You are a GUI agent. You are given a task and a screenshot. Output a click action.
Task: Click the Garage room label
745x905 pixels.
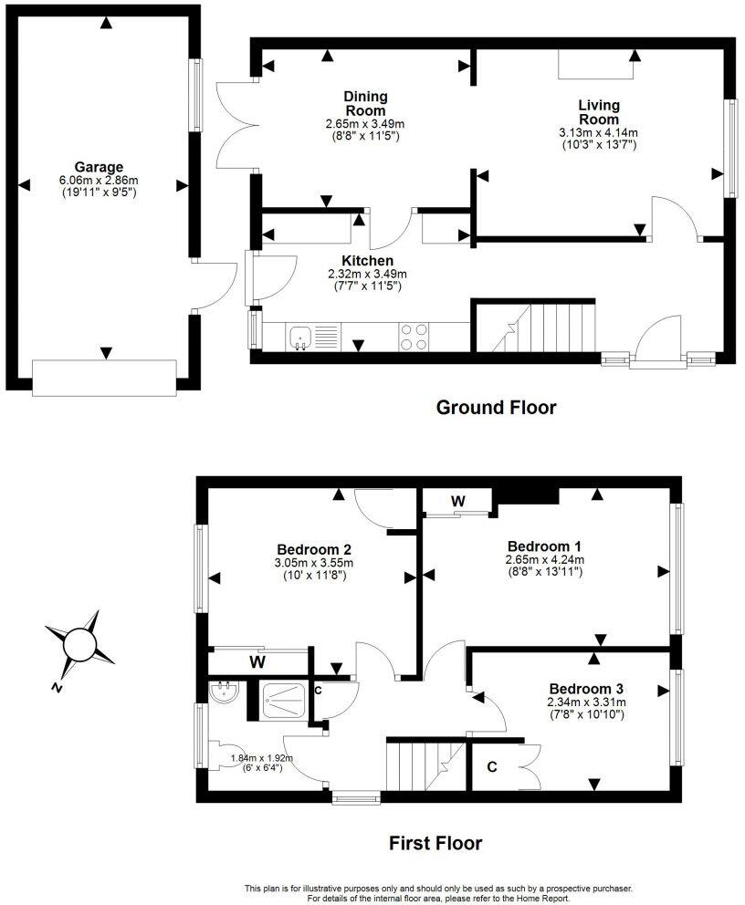[x=99, y=167]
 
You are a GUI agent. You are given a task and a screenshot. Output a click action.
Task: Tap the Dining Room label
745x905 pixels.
[x=365, y=103]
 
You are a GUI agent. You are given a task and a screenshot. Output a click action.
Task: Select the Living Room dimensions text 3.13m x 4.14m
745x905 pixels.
[x=598, y=132]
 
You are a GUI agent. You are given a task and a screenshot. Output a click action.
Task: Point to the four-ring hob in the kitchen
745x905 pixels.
[x=414, y=337]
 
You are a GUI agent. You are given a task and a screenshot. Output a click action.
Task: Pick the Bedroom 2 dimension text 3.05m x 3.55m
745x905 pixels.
[x=315, y=563]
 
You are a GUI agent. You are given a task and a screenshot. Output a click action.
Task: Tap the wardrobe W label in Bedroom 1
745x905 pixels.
[x=457, y=501]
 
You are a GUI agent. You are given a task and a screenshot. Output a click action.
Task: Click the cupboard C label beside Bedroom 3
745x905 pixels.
[x=491, y=767]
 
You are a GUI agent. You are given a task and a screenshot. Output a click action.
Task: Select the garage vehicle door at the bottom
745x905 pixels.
[x=103, y=377]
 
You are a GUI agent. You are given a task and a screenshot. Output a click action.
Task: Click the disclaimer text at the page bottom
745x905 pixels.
[x=438, y=893]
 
